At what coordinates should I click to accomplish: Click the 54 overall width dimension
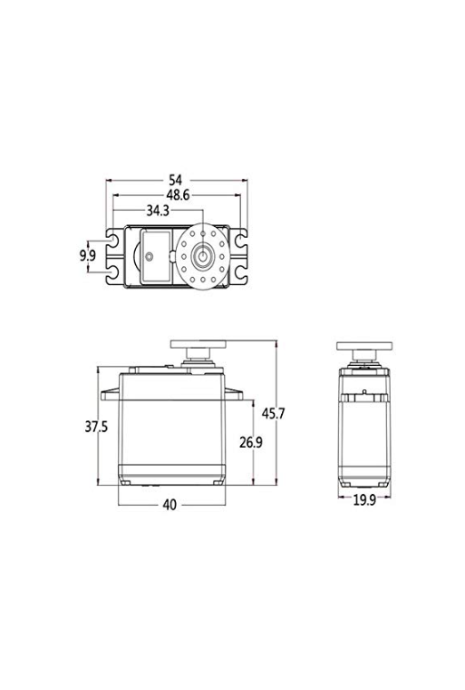(175, 180)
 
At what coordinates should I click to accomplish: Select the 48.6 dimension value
(175, 195)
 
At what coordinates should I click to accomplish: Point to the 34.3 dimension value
(159, 211)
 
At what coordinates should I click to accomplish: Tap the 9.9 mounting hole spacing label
(88, 256)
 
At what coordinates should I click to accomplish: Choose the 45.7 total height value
(274, 414)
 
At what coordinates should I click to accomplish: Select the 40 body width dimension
(170, 505)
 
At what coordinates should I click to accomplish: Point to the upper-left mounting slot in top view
(112, 241)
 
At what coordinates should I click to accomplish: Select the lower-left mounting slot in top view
(112, 271)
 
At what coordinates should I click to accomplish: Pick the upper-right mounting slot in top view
(241, 241)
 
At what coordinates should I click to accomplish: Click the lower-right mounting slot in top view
(241, 271)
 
